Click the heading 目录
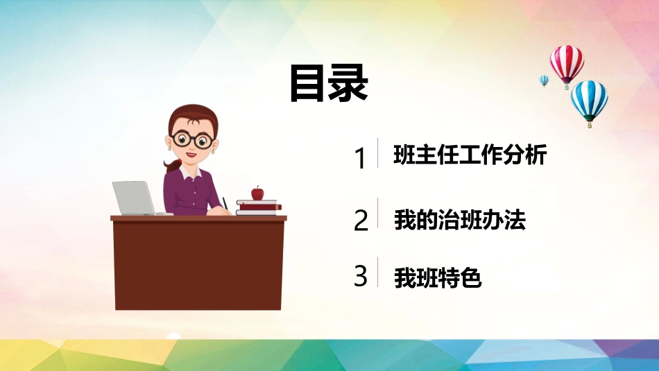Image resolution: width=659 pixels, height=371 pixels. (x=329, y=83)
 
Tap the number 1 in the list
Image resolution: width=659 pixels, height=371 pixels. (x=360, y=159)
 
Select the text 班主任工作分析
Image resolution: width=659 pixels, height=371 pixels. (x=470, y=154)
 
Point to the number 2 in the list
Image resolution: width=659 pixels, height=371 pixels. (x=361, y=220)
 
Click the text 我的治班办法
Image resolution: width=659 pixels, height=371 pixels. (x=460, y=220)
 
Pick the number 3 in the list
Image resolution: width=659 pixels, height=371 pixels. (x=361, y=276)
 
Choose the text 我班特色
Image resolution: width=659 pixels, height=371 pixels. (x=438, y=277)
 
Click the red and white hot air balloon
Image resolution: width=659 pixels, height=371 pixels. (x=567, y=67)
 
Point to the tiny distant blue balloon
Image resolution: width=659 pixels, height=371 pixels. (x=544, y=80)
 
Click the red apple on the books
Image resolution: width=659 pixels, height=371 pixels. (x=257, y=193)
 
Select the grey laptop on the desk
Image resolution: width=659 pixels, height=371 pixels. (x=135, y=198)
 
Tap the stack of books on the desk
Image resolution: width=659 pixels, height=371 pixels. (x=259, y=208)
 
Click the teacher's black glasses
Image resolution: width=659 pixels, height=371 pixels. (x=192, y=139)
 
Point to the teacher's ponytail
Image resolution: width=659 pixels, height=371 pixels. (x=171, y=165)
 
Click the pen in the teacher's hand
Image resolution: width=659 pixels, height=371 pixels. (x=225, y=204)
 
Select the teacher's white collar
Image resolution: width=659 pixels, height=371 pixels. (x=190, y=172)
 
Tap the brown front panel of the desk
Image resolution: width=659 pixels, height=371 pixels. (x=198, y=266)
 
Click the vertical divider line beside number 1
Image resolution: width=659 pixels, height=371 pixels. (x=377, y=153)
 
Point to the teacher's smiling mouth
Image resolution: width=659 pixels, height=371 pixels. (x=191, y=155)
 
